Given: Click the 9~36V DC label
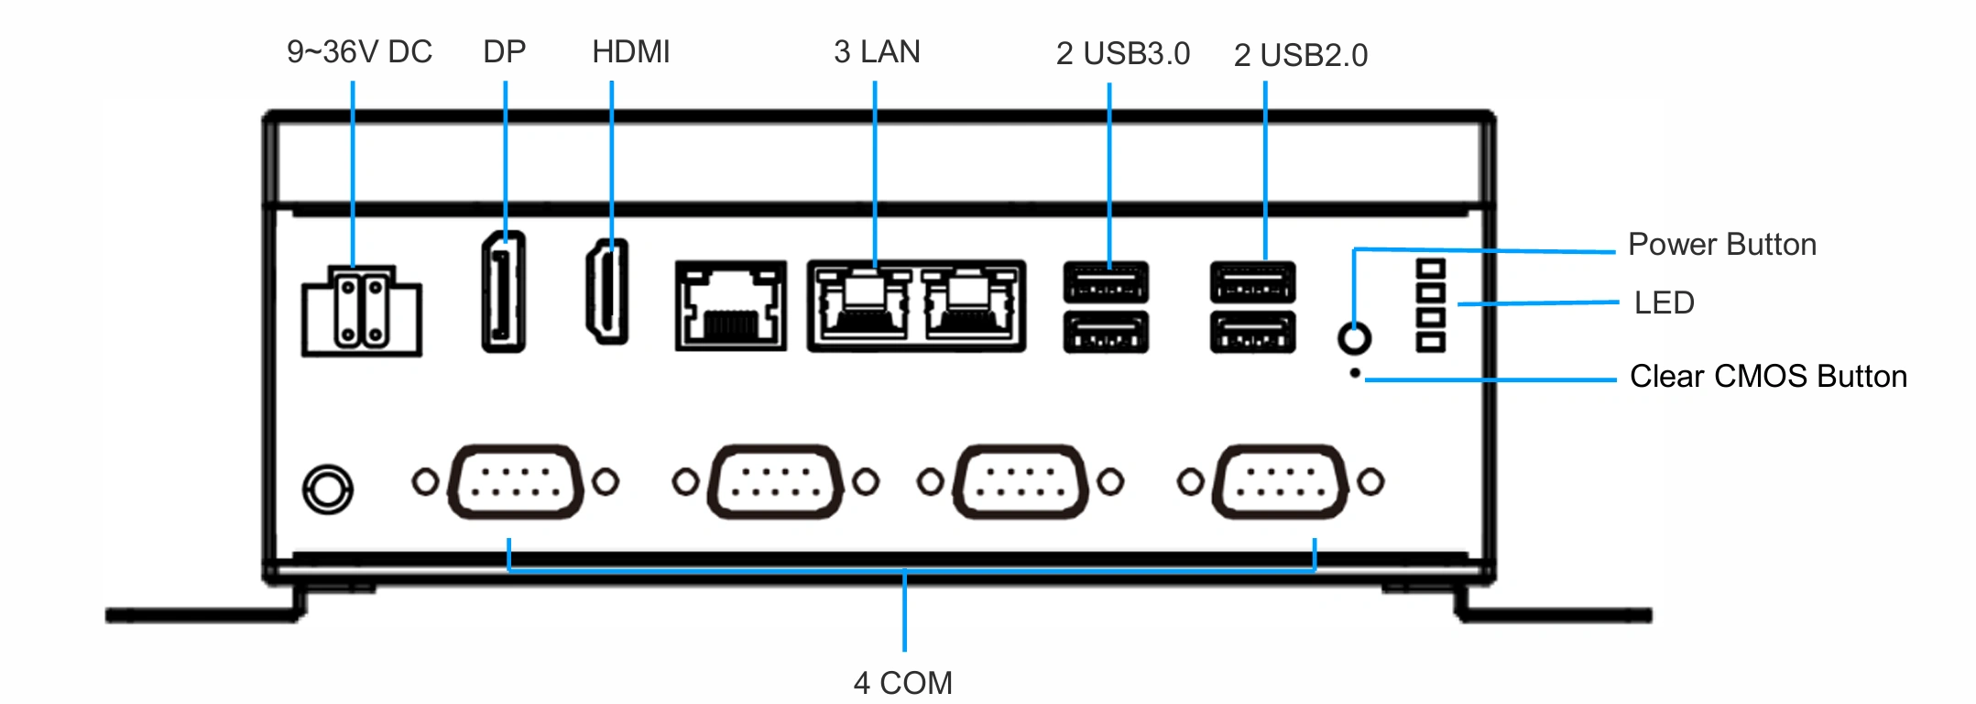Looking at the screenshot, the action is tap(359, 52).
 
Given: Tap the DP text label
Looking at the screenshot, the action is tap(505, 52).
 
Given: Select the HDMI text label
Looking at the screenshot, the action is tap(631, 52).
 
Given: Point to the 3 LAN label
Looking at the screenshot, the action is tap(877, 52).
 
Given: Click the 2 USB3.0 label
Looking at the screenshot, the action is tap(1123, 54).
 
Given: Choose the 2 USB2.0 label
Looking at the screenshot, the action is tap(1301, 56).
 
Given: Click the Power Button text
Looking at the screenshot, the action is tap(1722, 245).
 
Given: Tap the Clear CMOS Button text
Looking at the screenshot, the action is tap(1768, 377).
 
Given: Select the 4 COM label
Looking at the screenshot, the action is tap(903, 683).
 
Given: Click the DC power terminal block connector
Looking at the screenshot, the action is tap(362, 311).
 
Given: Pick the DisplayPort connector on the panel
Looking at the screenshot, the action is tap(504, 291).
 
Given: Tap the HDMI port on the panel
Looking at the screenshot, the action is tap(607, 291).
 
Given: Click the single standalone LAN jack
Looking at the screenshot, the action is tap(731, 305).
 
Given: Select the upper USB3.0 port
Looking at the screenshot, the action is tap(1106, 282).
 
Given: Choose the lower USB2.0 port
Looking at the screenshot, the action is tap(1253, 333).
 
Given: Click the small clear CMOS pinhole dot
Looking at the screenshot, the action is tap(1355, 373).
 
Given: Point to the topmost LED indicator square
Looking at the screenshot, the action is tap(1431, 269).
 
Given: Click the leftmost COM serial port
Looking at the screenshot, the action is tap(516, 482).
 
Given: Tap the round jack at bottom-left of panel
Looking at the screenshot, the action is tap(328, 489).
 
